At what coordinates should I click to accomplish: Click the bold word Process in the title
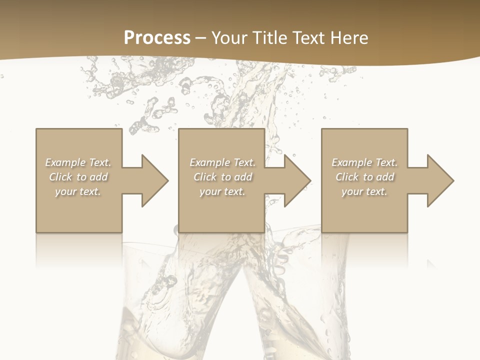pyautogui.click(x=157, y=38)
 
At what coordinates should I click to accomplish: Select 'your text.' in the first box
pyautogui.click(x=78, y=191)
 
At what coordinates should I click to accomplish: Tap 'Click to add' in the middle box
pyautogui.click(x=222, y=177)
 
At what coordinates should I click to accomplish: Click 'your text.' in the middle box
pyautogui.click(x=222, y=191)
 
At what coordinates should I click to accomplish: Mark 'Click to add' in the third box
pyautogui.click(x=365, y=177)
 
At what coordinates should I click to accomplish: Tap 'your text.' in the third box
pyautogui.click(x=364, y=191)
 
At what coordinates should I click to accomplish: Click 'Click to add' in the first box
pyautogui.click(x=78, y=177)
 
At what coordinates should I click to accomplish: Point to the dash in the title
pyautogui.click(x=201, y=38)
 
